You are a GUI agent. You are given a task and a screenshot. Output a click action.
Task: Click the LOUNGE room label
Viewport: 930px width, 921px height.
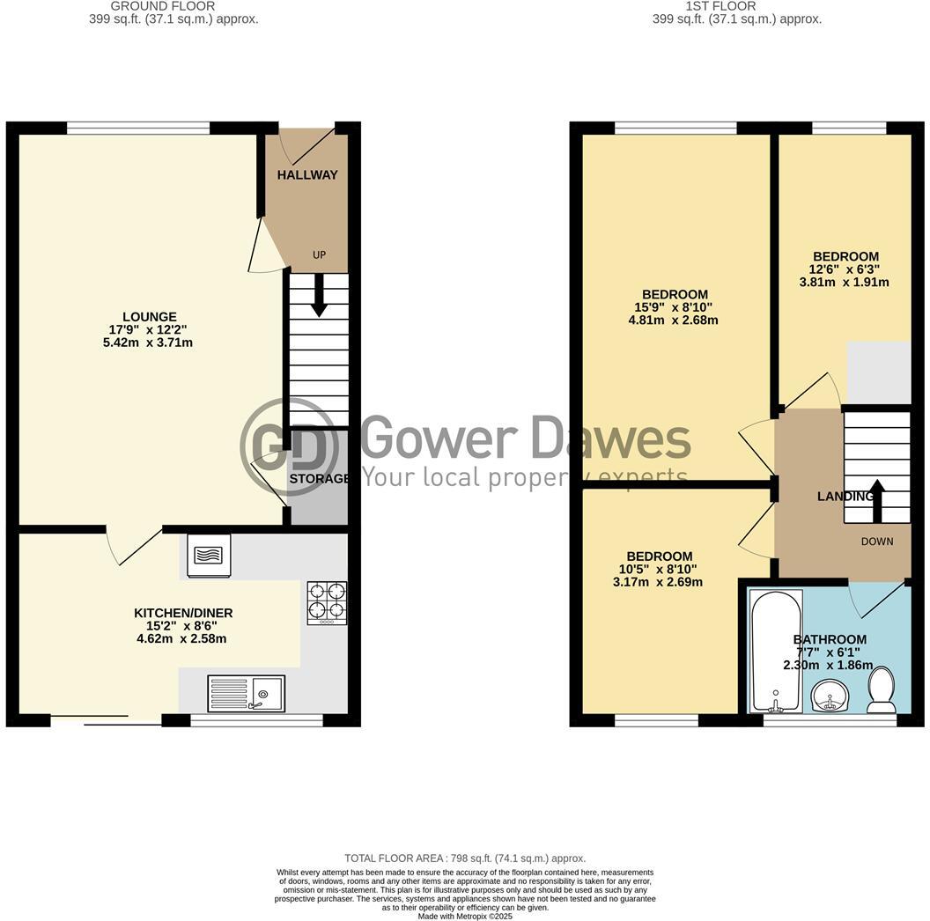coord(149,317)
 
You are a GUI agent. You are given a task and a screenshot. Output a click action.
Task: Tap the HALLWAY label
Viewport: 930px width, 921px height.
coord(307,175)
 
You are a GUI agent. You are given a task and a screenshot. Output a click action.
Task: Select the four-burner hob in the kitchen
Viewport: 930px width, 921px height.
coord(326,603)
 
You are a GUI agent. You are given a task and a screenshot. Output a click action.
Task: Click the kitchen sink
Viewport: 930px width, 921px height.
coord(247,693)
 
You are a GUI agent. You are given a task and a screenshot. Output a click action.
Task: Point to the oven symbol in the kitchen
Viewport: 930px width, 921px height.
coord(209,556)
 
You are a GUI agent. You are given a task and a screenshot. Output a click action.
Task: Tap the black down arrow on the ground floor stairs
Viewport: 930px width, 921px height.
coord(318,295)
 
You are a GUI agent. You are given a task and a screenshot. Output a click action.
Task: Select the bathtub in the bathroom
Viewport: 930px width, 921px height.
coord(775,650)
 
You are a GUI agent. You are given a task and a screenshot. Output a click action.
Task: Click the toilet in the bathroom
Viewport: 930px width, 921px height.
coord(882,689)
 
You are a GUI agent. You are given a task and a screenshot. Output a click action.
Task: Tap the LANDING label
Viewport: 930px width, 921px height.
coord(845,497)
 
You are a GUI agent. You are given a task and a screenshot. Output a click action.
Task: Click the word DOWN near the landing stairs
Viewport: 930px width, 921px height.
coord(876,542)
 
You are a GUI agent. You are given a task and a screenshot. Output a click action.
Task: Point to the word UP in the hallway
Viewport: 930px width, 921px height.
coord(319,255)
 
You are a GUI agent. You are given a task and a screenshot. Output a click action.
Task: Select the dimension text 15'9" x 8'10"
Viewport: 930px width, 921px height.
coord(675,307)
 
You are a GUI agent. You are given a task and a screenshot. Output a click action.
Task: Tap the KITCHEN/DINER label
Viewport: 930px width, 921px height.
coord(183,613)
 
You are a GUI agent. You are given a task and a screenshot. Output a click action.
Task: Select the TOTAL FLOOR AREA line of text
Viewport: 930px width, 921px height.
coord(464,858)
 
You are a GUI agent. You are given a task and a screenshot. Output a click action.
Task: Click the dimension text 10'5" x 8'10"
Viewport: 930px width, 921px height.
coord(659,569)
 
